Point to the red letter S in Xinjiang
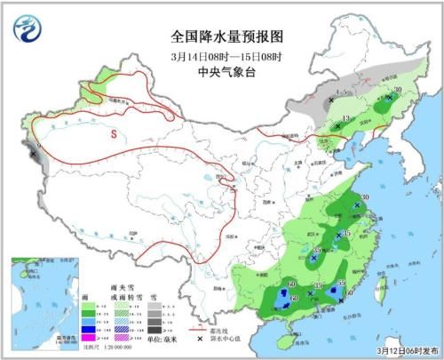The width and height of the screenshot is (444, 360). [x=113, y=134]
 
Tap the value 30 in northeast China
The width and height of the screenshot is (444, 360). [x=398, y=89]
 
